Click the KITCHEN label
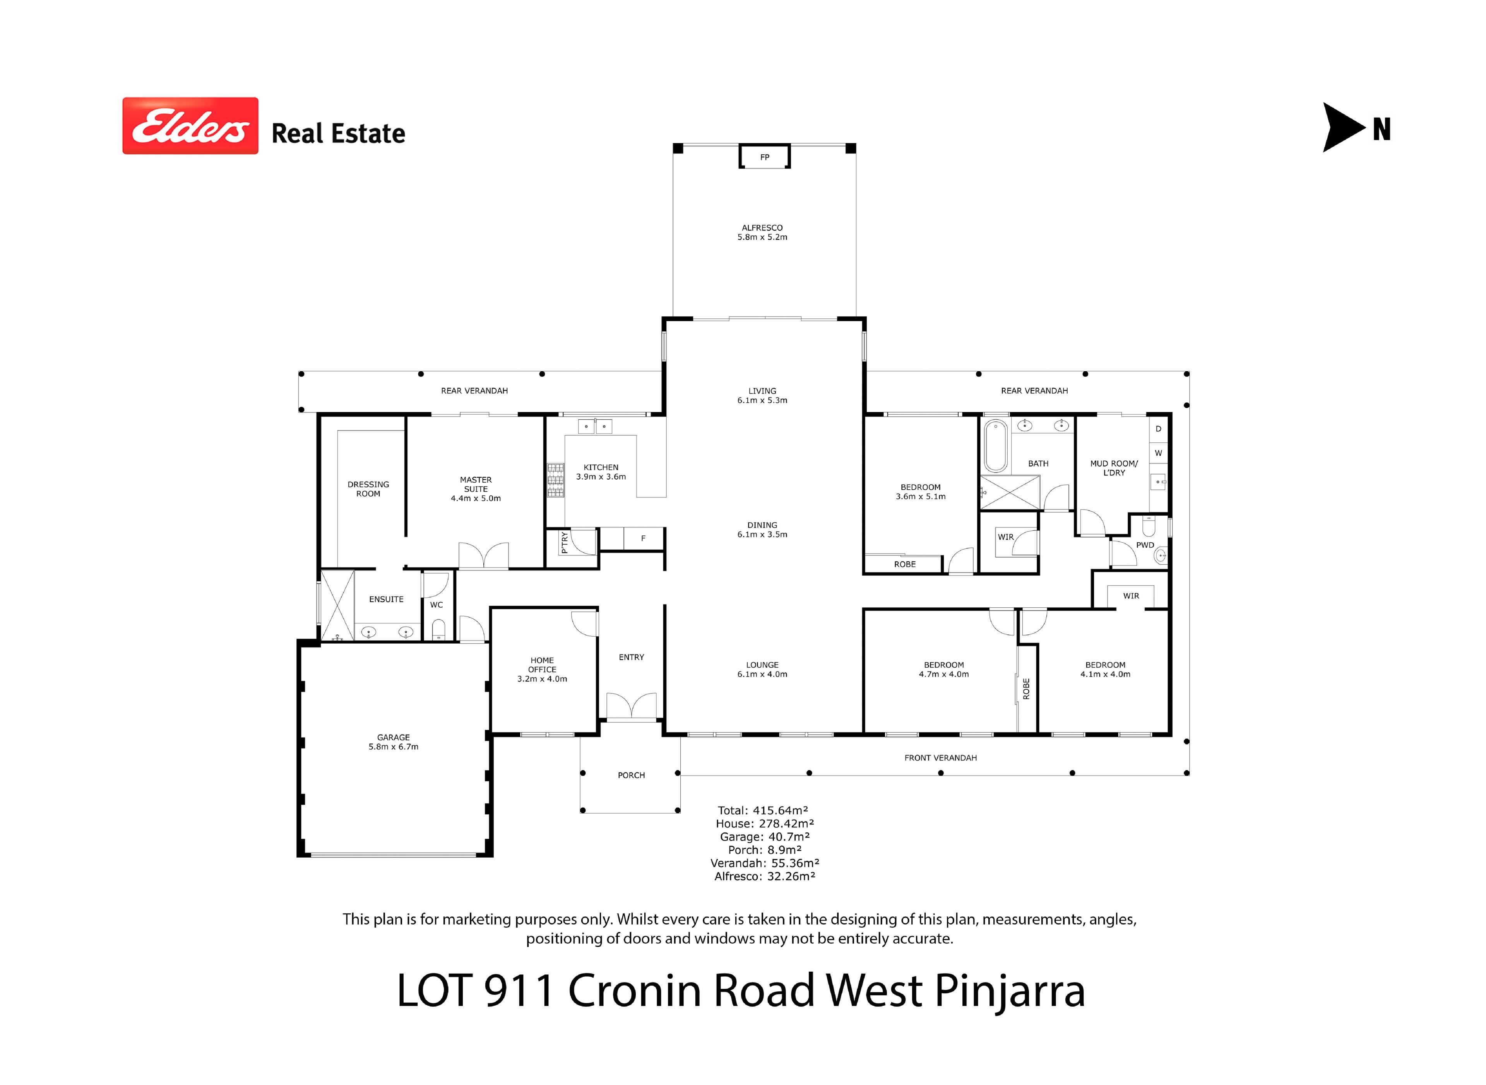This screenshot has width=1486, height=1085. pyautogui.click(x=601, y=468)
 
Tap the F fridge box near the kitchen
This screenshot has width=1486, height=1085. pyautogui.click(x=643, y=538)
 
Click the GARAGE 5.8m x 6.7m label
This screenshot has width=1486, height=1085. pyautogui.click(x=394, y=742)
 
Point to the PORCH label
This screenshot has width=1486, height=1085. pyautogui.click(x=631, y=775)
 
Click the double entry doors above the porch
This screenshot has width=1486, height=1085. pyautogui.click(x=631, y=706)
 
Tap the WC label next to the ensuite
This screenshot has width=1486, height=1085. pyautogui.click(x=436, y=605)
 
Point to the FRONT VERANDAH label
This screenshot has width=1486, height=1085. pyautogui.click(x=941, y=758)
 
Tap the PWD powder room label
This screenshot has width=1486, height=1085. pyautogui.click(x=1145, y=545)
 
